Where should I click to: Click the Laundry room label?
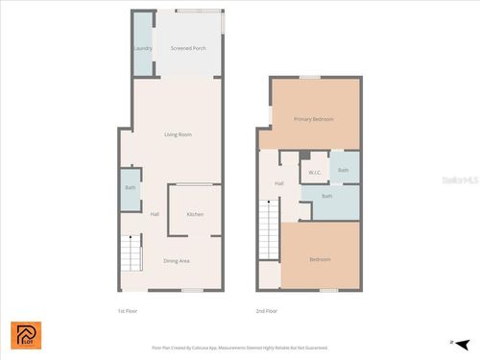pyautogui.click(x=143, y=47)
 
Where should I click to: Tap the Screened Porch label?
pyautogui.click(x=188, y=47)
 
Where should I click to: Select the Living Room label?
pyautogui.click(x=179, y=134)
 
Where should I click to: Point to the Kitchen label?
pyautogui.click(x=195, y=214)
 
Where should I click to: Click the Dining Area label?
pyautogui.click(x=176, y=261)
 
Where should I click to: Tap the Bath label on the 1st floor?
pyautogui.click(x=131, y=187)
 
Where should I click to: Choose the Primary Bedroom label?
pyautogui.click(x=314, y=119)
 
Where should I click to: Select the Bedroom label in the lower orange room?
pyautogui.click(x=321, y=259)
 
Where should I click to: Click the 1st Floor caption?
pyautogui.click(x=128, y=311)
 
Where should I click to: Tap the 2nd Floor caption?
pyautogui.click(x=266, y=311)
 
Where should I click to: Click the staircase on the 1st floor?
pyautogui.click(x=130, y=254)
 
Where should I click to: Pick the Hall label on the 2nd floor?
pyautogui.click(x=279, y=183)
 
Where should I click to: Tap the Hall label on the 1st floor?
pyautogui.click(x=155, y=214)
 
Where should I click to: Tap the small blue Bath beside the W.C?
pyautogui.click(x=343, y=170)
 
